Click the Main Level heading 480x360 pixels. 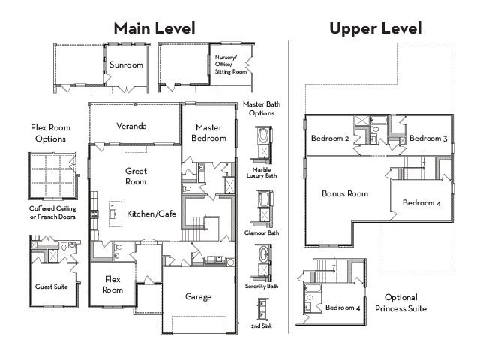154,28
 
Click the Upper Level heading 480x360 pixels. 376,28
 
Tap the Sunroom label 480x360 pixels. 126,65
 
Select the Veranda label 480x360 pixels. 131,126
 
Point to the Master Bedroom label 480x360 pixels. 208,133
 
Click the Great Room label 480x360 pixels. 136,176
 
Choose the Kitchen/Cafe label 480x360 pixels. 151,214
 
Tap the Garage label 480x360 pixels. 198,296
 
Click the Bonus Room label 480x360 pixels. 345,193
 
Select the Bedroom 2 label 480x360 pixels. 330,138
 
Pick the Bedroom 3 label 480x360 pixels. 428,138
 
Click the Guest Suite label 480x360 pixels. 52,286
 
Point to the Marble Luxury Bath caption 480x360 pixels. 262,172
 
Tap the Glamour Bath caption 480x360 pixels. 262,232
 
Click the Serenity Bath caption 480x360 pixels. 262,286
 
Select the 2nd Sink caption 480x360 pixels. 262,325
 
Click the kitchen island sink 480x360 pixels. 113,213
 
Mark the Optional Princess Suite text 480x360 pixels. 401,302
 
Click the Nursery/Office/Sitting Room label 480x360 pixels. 230,64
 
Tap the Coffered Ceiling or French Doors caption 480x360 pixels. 52,212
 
